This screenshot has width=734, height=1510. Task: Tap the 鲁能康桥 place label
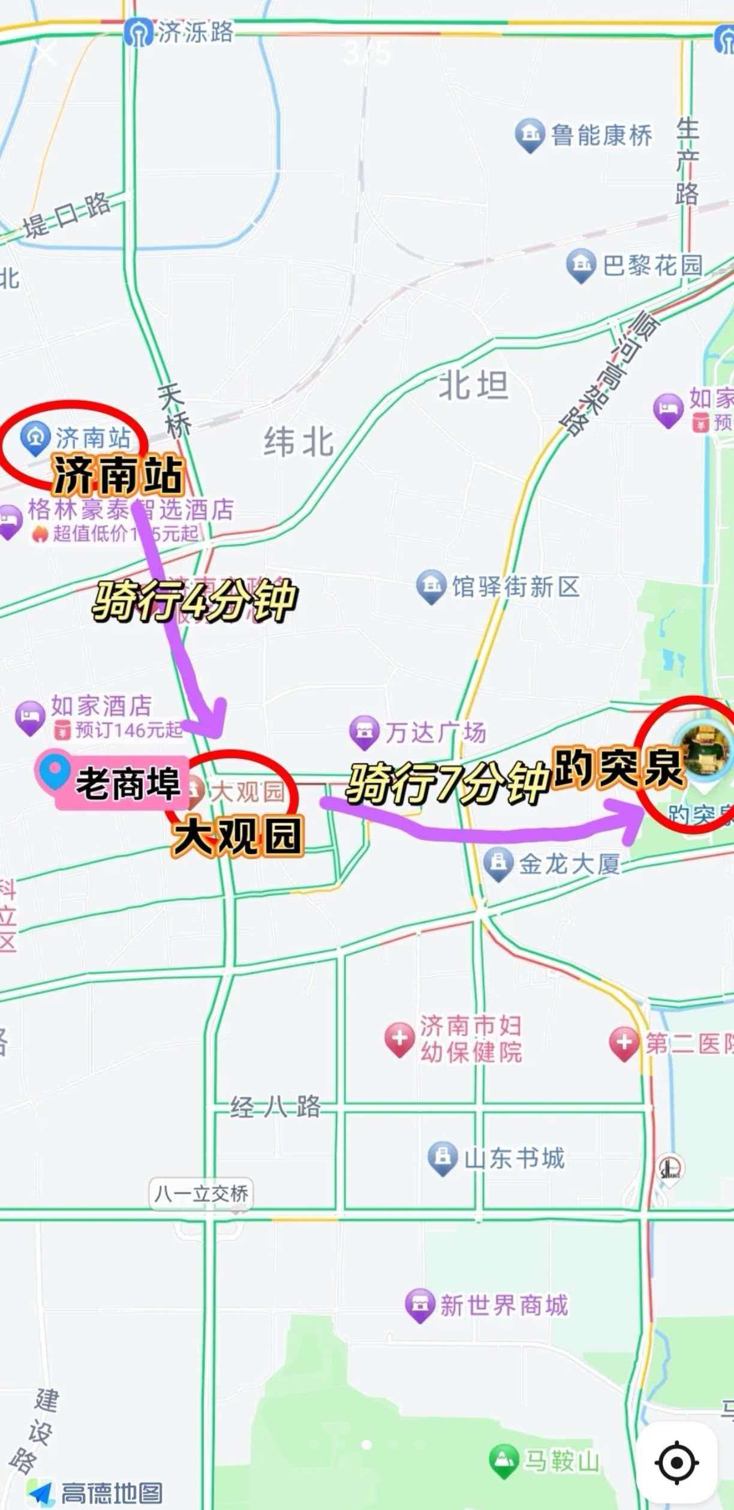pyautogui.click(x=601, y=136)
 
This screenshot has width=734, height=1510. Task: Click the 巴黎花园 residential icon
pyautogui.click(x=580, y=264)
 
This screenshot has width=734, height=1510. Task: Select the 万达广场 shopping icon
pyautogui.click(x=364, y=731)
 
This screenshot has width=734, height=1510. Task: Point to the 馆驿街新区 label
pyautogui.click(x=516, y=587)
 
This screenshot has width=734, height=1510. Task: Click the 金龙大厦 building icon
pyautogui.click(x=498, y=864)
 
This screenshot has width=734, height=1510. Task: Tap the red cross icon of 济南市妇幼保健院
pyautogui.click(x=399, y=1038)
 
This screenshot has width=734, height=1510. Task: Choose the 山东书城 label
pyautogui.click(x=514, y=1158)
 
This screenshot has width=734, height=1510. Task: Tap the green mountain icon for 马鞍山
pyautogui.click(x=504, y=1460)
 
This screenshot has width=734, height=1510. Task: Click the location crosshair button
pyautogui.click(x=677, y=1462)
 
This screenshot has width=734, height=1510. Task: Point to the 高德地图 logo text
pyautogui.click(x=112, y=1493)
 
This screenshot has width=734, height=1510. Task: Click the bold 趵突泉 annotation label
pyautogui.click(x=618, y=767)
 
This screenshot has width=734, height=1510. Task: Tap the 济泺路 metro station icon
pyautogui.click(x=139, y=32)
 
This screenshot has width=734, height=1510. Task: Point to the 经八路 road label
pyautogui.click(x=275, y=1107)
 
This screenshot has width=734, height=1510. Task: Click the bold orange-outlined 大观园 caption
pyautogui.click(x=238, y=836)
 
